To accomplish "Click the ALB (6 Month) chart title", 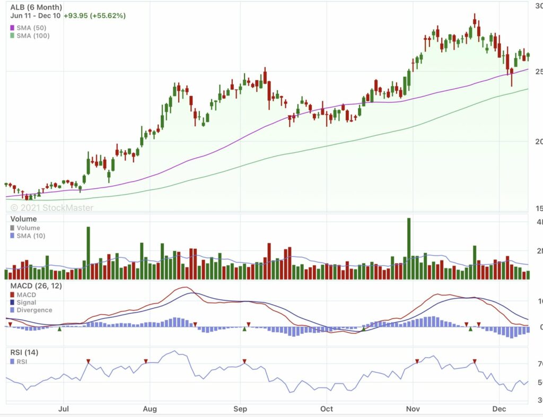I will click(x=36, y=7).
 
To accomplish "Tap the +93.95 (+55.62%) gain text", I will click(x=94, y=16).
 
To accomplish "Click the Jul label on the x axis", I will click(x=63, y=410).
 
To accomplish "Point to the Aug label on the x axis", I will click(x=151, y=410).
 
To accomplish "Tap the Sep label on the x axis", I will click(x=241, y=410).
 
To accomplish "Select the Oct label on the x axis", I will click(x=327, y=410).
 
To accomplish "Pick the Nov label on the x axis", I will click(x=413, y=410).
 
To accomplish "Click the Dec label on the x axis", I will click(x=499, y=410).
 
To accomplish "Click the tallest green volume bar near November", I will click(x=409, y=248).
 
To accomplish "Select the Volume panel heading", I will click(x=23, y=219).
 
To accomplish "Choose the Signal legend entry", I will click(x=27, y=302).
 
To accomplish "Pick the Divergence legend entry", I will click(x=34, y=310).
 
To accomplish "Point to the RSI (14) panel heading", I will click(x=24, y=352).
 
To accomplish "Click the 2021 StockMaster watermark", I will click(x=52, y=207).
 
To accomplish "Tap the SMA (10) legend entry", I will click(x=31, y=236).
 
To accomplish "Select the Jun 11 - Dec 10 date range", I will click(x=35, y=16).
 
